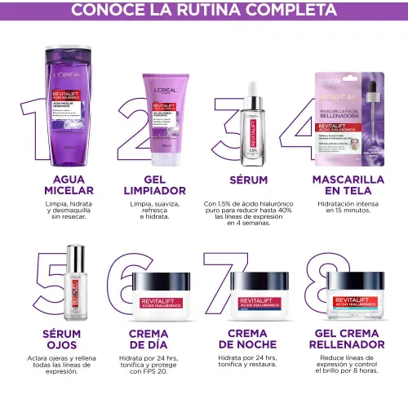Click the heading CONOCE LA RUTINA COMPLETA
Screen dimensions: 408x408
[203, 11]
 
